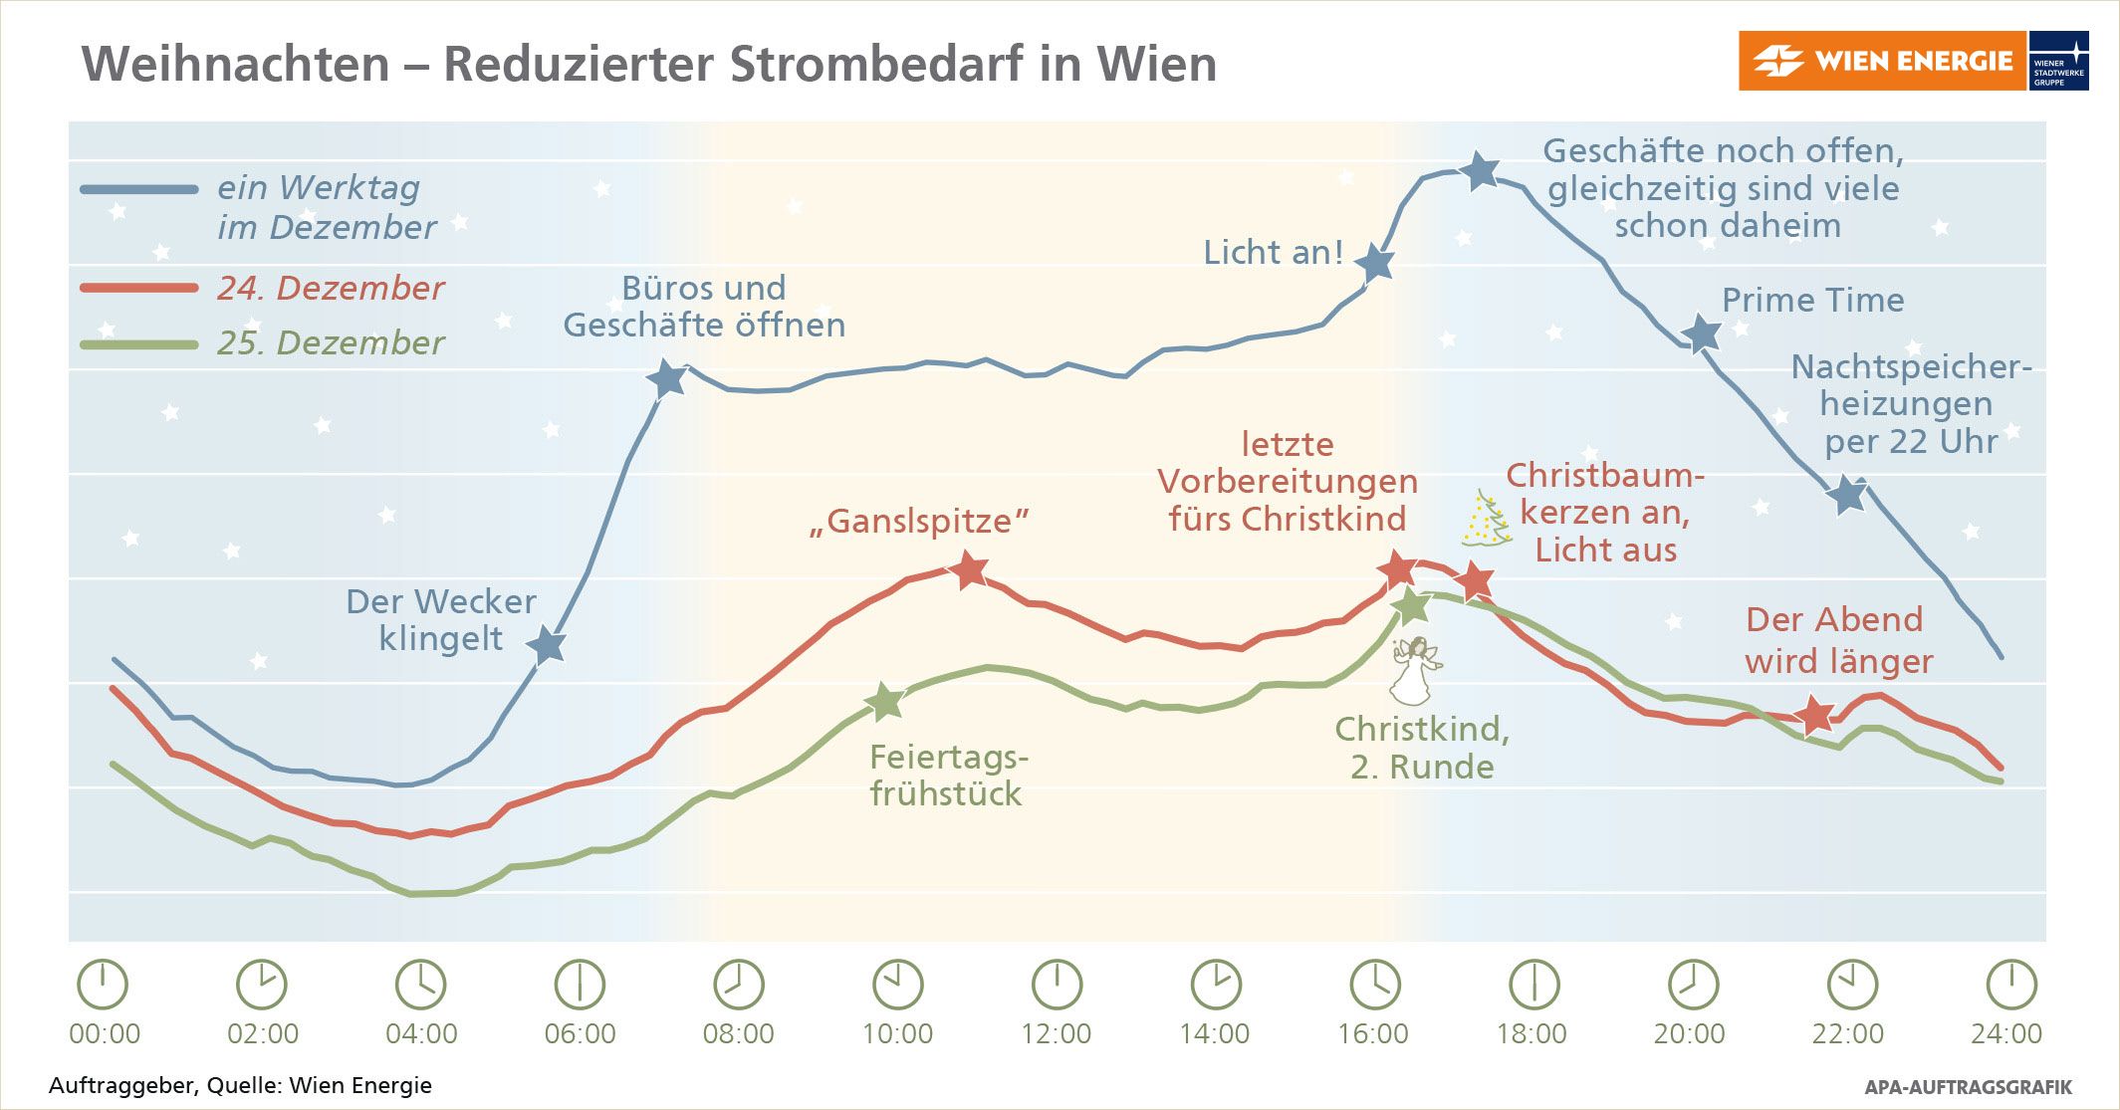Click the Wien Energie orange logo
pos(1881,61)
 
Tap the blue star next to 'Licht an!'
pos(1377,264)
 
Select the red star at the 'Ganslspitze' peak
pos(969,570)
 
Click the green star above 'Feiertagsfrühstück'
pos(884,702)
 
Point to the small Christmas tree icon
pos(1486,519)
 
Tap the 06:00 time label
pos(580,1033)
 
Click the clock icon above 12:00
pos(1057,985)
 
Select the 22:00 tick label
pos(1847,1033)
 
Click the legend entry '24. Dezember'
pos(330,288)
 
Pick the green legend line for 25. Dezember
pos(139,344)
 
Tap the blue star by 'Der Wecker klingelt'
pos(546,646)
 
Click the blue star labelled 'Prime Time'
pos(1704,334)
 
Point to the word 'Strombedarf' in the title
pos(875,65)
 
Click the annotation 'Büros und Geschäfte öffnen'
pos(704,307)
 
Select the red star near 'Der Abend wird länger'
pos(1815,714)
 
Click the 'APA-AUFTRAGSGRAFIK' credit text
pos(1968,1087)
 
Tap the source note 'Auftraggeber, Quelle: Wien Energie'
pos(240,1085)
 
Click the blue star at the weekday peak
pos(1481,171)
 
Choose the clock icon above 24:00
pos(2010,985)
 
